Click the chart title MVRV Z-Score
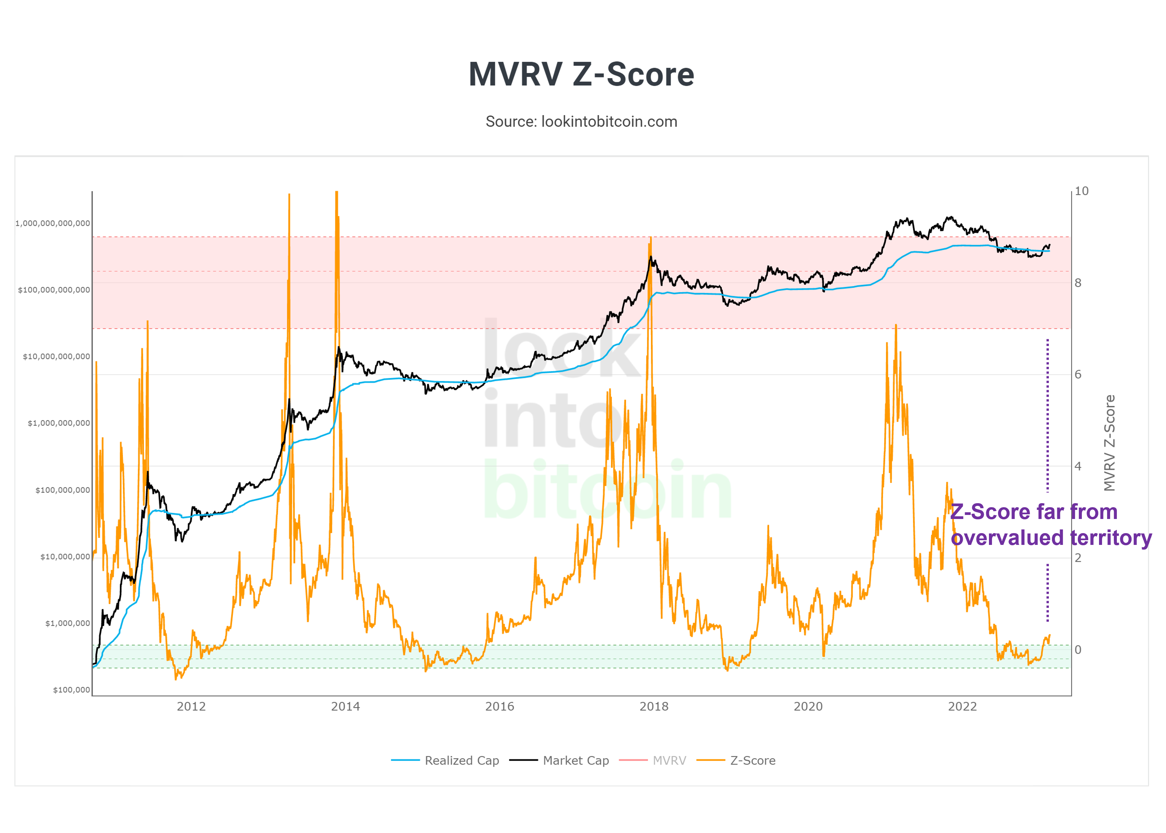pyautogui.click(x=581, y=74)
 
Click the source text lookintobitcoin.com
pyautogui.click(x=581, y=122)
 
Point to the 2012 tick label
pyautogui.click(x=191, y=706)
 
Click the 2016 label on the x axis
pyautogui.click(x=500, y=706)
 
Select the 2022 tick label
pyautogui.click(x=962, y=706)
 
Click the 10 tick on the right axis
pyautogui.click(x=1082, y=191)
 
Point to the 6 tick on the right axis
pyautogui.click(x=1078, y=375)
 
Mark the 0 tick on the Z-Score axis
pyautogui.click(x=1078, y=650)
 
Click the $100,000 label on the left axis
pyautogui.click(x=71, y=690)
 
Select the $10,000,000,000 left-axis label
pyautogui.click(x=57, y=356)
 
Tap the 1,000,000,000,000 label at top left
pyautogui.click(x=53, y=223)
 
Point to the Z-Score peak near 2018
pyautogui.click(x=650, y=239)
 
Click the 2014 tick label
pyautogui.click(x=345, y=706)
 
